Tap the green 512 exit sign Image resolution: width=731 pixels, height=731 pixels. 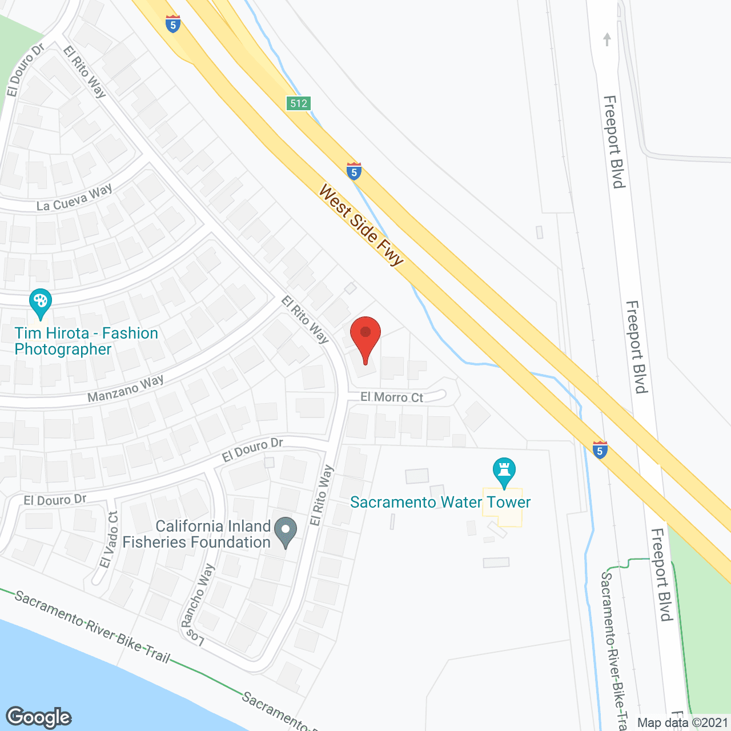coord(298,103)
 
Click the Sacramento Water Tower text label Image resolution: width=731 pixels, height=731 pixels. coord(440,503)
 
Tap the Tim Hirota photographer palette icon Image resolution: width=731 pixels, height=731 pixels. coord(40,303)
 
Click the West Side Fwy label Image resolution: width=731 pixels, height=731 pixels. coord(361,224)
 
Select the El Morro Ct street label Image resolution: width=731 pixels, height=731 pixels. coord(392,397)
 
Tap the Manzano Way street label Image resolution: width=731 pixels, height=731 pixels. coord(126,389)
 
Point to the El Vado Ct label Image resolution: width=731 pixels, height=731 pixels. coord(109,540)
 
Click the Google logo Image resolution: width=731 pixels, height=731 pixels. coord(39,717)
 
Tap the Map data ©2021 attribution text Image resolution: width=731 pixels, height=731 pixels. coord(682,723)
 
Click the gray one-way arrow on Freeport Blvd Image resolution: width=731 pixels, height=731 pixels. coord(607,39)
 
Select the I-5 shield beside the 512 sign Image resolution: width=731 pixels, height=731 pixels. coord(354,171)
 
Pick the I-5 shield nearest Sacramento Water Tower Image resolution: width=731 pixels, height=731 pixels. coord(600,450)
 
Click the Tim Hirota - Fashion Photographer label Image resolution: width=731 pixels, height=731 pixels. coord(86,341)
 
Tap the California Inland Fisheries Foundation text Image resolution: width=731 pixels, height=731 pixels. coord(196,535)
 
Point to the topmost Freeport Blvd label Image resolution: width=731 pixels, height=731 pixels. coord(614,142)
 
